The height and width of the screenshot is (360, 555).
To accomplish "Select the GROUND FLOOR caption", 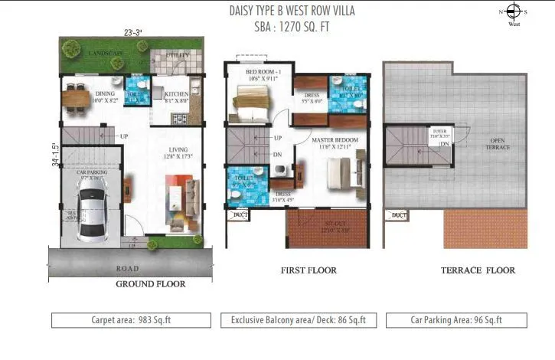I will pos(150,283).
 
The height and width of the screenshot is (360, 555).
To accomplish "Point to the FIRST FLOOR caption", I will pos(309,270).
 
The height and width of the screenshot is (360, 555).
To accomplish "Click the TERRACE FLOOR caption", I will pos(478,270).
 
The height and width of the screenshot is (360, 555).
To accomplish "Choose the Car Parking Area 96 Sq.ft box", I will pos(457,319).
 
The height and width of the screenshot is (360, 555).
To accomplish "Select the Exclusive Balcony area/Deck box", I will pos(298,319).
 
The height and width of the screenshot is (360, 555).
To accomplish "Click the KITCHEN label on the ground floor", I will pos(178,95).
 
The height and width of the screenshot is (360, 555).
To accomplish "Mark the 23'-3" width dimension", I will pos(133,32).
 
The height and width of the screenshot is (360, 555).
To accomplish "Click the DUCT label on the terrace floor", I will pos(399,215).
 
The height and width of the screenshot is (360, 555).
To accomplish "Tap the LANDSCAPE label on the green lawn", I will pos(105,52).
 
